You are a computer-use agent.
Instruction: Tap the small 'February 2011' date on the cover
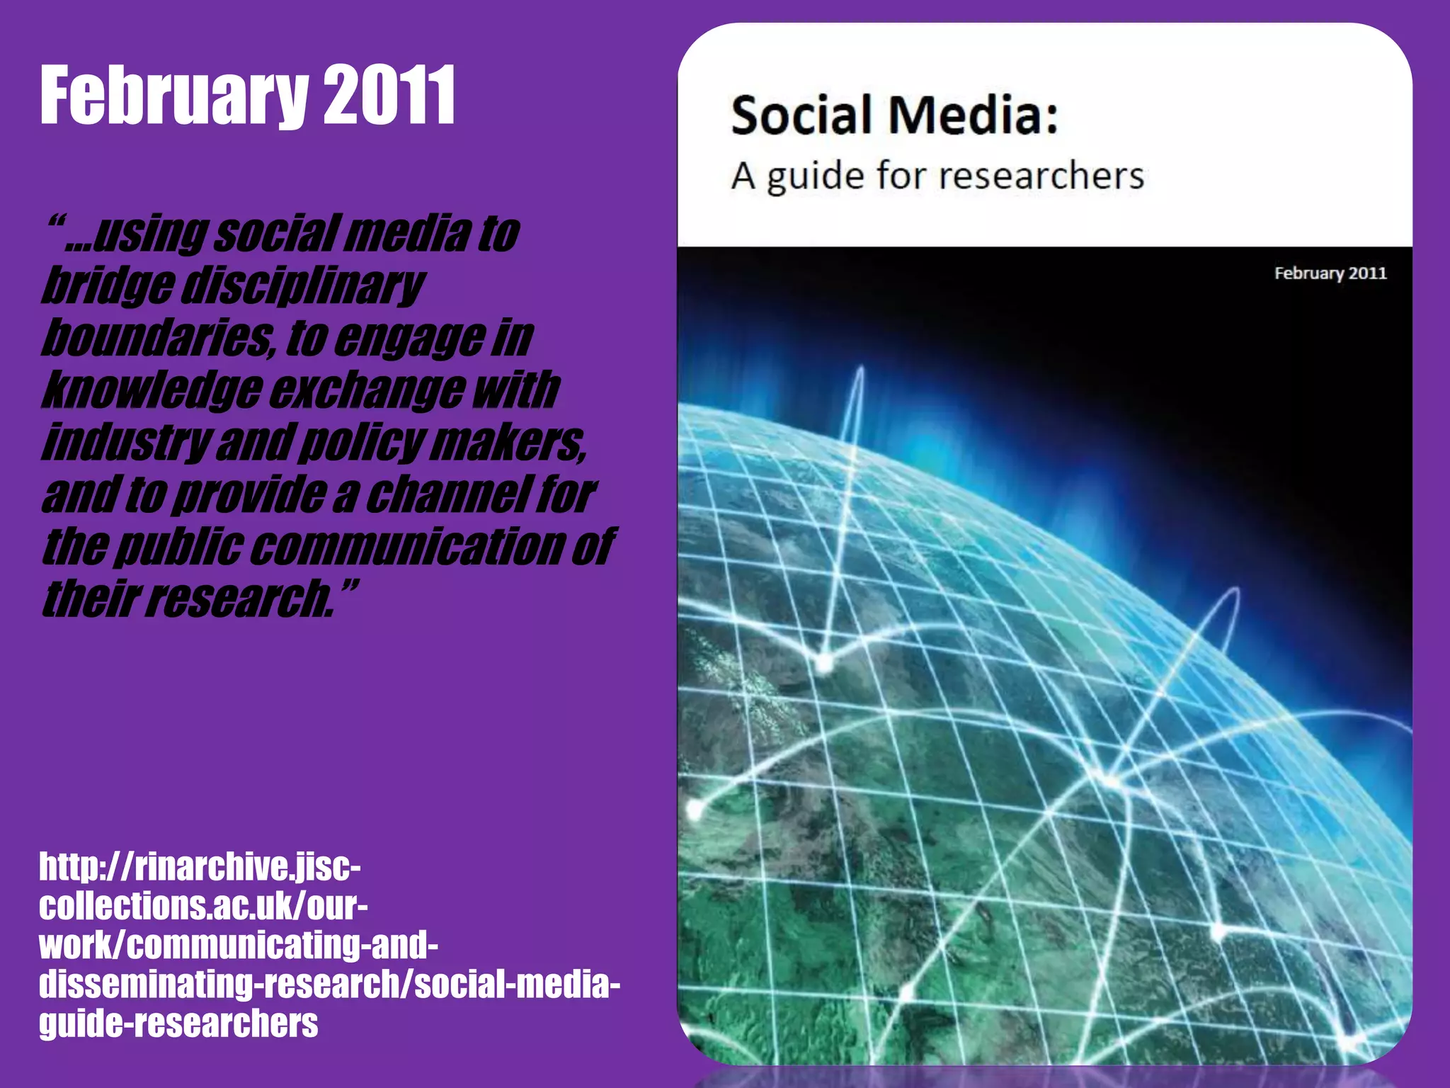tap(1330, 273)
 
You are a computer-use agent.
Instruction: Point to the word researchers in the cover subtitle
tap(1041, 175)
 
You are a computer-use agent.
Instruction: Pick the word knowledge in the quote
tap(152, 390)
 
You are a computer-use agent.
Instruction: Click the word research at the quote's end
tap(241, 599)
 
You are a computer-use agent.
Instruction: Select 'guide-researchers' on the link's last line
tap(178, 1024)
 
